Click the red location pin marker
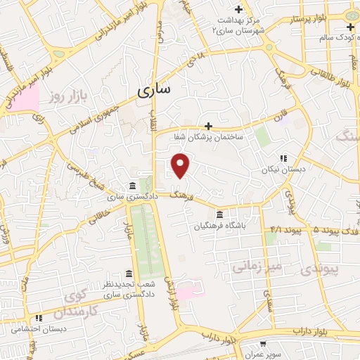coord(181,165)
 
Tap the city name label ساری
coord(153,90)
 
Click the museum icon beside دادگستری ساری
coord(132,186)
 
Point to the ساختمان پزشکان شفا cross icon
coord(207,126)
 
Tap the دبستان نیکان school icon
coord(283,158)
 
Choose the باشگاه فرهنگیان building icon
coord(219,214)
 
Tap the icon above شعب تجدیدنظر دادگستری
coord(128,274)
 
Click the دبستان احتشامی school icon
coord(39,318)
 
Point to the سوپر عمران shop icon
coord(262,344)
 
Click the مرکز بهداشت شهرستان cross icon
coord(239,10)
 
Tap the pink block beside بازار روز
coord(26,100)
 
